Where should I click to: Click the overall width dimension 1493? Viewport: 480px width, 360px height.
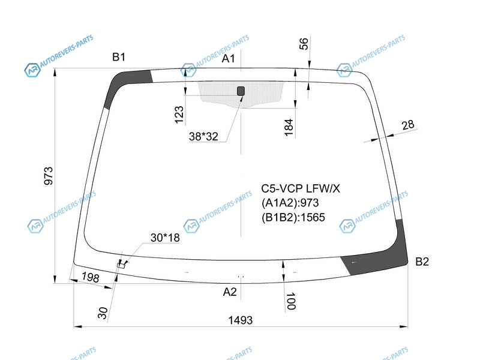241,320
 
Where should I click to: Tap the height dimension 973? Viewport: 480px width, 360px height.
49,176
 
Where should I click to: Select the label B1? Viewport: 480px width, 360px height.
119,57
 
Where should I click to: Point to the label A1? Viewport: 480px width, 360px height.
229,58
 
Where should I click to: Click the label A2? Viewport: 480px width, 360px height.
230,292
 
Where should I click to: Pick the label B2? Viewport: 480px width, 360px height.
422,262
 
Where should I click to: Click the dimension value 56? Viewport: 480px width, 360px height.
304,44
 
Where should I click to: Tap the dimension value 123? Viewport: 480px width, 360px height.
179,115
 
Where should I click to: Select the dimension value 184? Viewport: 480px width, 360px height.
289,127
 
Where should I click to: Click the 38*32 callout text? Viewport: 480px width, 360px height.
203,137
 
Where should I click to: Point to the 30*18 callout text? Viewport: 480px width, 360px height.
165,238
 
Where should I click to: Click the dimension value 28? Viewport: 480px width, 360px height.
408,125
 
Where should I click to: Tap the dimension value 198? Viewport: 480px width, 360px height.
91,277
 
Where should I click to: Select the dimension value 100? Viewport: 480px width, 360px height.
291,301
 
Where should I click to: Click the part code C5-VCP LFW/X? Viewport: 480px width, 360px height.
301,188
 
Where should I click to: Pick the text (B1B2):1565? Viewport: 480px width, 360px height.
293,217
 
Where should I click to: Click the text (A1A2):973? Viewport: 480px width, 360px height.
290,203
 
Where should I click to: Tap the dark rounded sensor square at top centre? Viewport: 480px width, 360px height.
241,91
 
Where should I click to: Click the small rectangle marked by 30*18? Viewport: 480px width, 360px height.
121,265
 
